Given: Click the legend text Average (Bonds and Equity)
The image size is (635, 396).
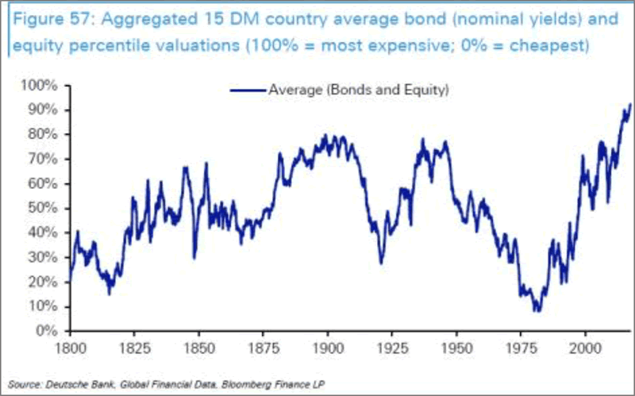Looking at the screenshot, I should point(359,90).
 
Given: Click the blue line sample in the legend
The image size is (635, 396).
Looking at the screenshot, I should point(248,90).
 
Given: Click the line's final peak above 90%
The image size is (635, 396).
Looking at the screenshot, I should point(629,104).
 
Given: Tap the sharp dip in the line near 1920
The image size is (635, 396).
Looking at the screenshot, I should point(381,263).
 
